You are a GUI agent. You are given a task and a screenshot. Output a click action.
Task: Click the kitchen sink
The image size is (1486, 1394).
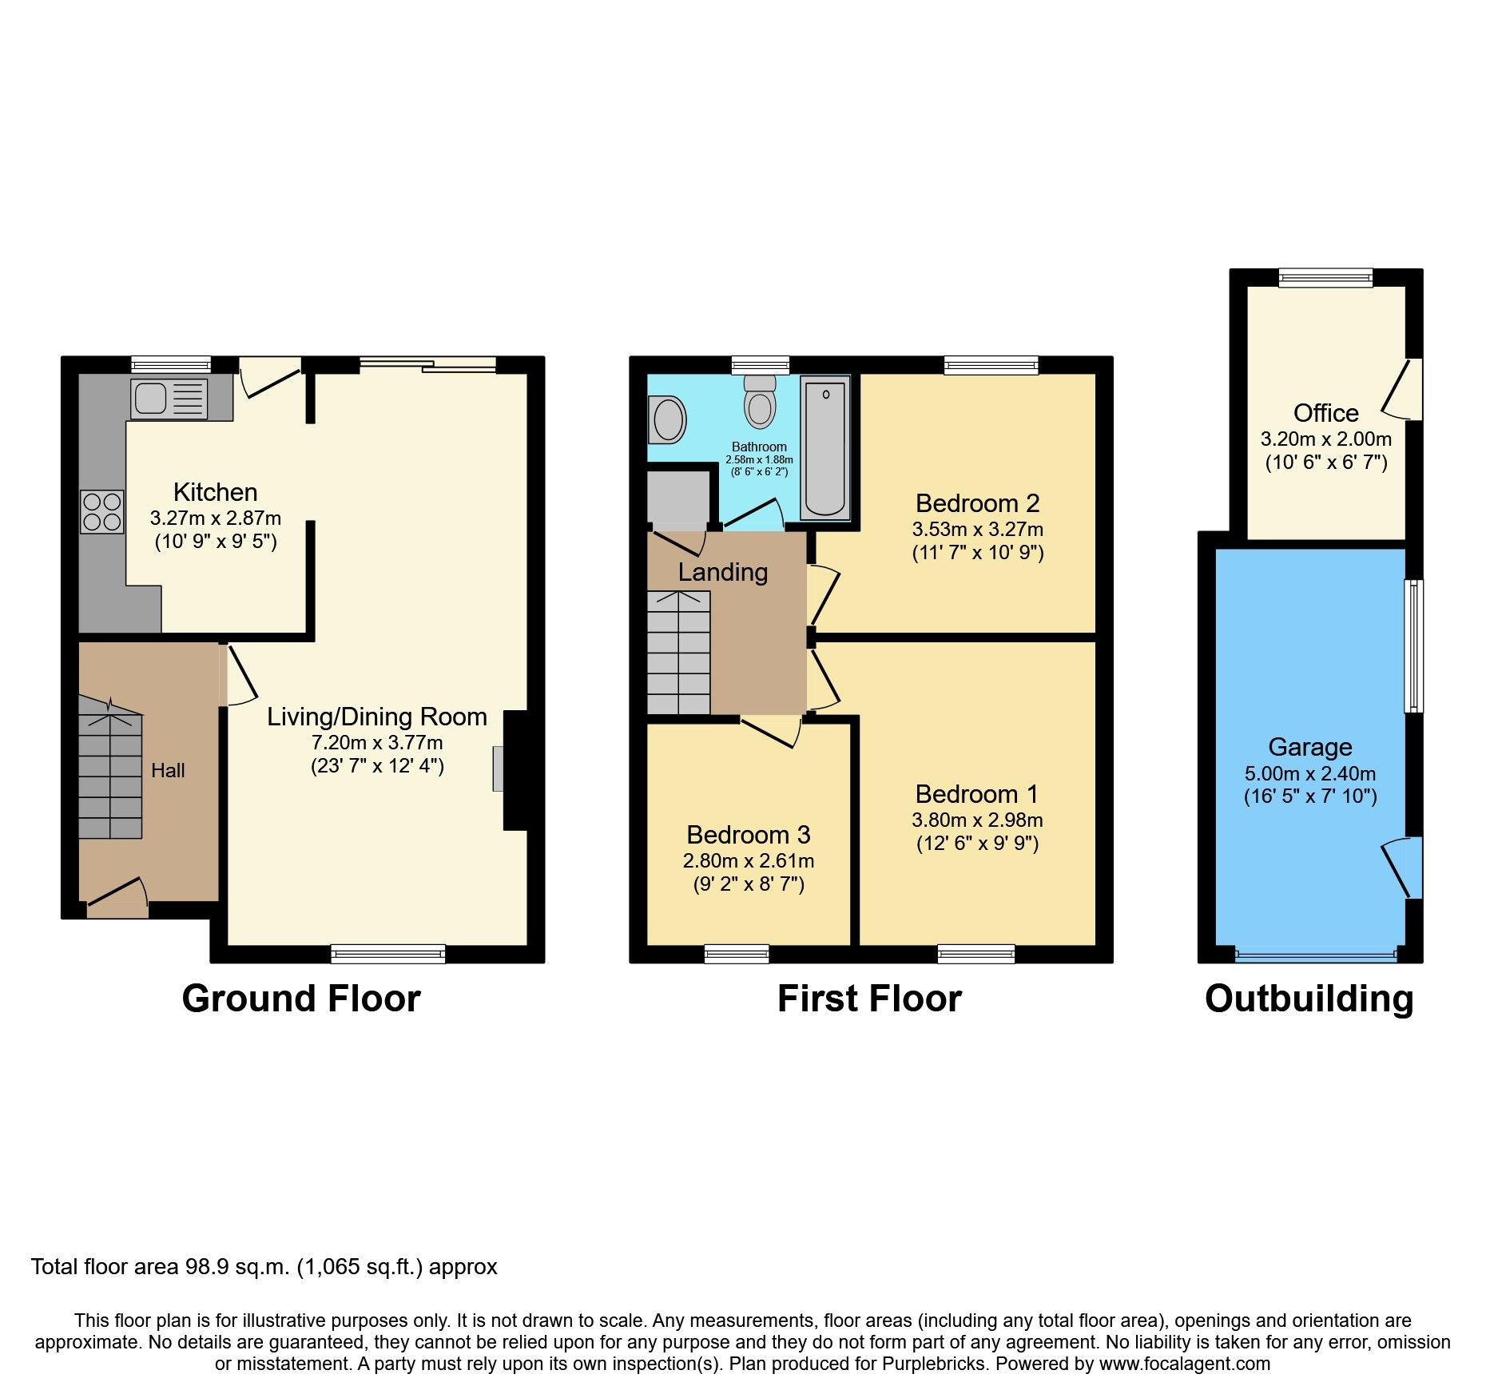169,399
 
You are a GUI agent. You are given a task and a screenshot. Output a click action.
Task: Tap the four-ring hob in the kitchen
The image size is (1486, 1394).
101,511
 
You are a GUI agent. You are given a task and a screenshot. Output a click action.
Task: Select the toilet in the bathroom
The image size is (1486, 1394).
760,403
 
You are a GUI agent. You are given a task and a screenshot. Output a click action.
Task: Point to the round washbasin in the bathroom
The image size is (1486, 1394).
668,419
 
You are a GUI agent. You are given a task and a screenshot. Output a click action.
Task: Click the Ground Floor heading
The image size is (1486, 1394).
300,999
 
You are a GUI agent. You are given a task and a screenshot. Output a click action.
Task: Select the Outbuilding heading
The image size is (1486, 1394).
1309,999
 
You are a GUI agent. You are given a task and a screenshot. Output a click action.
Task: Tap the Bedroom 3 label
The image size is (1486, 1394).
748,835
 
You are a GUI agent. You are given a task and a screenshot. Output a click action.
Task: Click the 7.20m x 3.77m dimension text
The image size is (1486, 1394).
377,742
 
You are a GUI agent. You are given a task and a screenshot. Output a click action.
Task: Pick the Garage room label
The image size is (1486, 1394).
1309,747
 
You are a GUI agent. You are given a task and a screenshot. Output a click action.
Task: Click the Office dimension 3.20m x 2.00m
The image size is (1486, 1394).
1325,439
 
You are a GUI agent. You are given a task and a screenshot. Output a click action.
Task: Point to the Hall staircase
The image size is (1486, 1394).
110,771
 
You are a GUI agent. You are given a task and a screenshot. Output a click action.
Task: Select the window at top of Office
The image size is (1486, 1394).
1325,278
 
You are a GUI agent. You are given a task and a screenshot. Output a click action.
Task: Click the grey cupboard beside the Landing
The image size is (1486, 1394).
677,496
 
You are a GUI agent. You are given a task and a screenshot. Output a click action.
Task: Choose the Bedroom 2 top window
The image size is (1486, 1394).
991,365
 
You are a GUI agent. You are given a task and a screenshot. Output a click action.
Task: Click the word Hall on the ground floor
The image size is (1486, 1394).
168,771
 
